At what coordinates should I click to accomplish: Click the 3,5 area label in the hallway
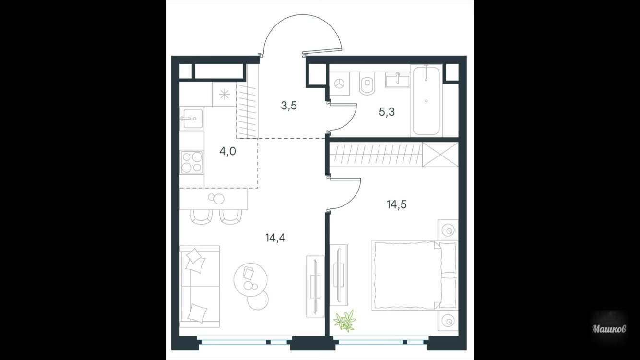coord(289,106)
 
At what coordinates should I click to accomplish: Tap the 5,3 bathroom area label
coord(387,112)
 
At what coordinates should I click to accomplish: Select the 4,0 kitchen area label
coord(228,151)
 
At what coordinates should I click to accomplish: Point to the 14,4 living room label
coord(275,238)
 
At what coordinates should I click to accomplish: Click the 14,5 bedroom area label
coord(397,204)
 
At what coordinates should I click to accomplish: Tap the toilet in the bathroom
coord(367,83)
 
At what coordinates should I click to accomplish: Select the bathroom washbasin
coord(397,80)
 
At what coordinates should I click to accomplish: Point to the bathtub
coord(426,101)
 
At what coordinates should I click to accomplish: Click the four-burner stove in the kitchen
coord(192,162)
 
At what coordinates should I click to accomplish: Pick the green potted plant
coord(345,321)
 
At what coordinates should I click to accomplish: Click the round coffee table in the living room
coord(250,280)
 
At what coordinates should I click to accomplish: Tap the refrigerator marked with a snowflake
coord(224,95)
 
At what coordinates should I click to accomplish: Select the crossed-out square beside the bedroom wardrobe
coord(440,155)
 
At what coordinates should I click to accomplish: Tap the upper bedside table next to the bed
coord(448,230)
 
